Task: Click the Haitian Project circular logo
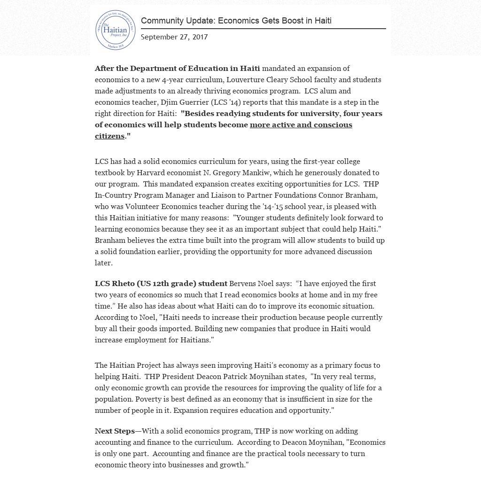click(x=115, y=30)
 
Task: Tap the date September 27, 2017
click(x=174, y=37)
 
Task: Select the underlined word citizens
click(x=109, y=136)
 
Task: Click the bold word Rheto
click(x=123, y=284)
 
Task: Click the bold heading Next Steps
click(x=115, y=431)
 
